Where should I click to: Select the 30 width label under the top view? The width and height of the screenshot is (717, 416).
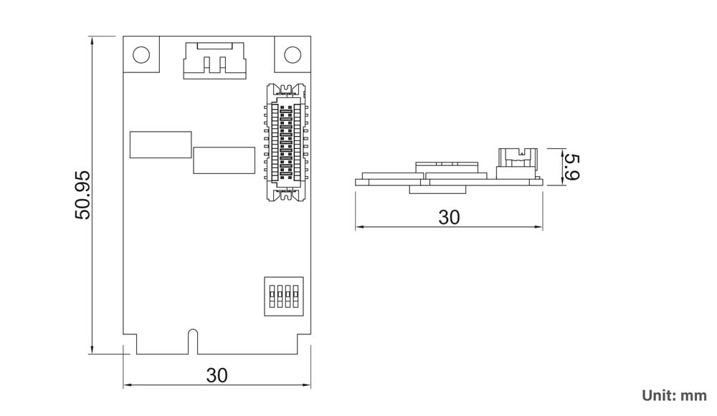coord(217,374)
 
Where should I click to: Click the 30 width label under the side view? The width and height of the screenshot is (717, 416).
coord(449,217)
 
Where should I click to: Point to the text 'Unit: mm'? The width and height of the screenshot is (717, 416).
coord(674,395)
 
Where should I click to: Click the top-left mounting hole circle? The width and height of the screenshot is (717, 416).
coord(141,55)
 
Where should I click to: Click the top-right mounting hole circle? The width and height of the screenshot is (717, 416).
coord(293,55)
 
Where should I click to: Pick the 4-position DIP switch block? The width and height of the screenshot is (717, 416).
coord(282,296)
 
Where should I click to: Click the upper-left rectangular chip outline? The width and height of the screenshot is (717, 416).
coord(161,144)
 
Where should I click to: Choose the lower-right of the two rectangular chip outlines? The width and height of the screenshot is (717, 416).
coord(224,160)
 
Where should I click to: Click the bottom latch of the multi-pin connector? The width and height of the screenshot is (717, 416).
coord(287,194)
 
